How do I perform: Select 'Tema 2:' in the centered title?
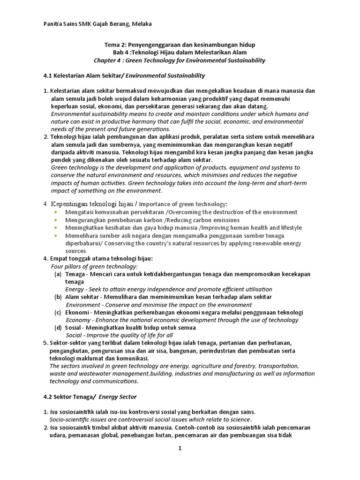click(x=115, y=45)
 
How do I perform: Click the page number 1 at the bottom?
click(x=179, y=449)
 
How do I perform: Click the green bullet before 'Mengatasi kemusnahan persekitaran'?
click(x=56, y=212)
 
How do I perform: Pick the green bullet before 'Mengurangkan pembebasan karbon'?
click(x=56, y=220)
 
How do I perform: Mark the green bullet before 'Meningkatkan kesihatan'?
click(x=56, y=228)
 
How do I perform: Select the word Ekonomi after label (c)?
click(x=76, y=313)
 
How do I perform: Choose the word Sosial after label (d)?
click(x=74, y=328)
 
